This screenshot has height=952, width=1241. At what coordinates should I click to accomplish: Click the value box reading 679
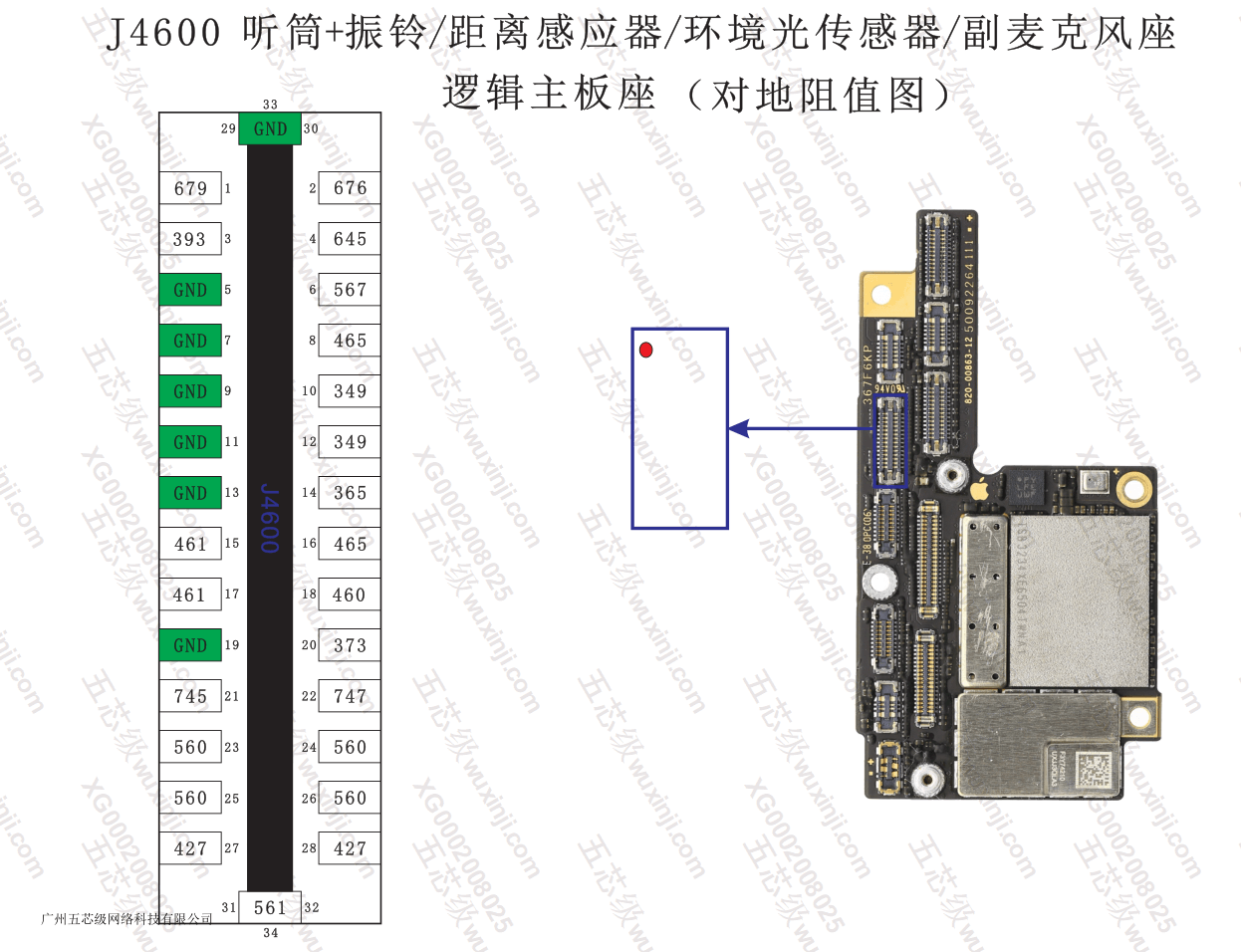pos(190,188)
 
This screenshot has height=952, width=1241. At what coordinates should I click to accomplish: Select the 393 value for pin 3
pos(190,239)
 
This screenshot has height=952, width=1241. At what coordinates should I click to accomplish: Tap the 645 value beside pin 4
pos(350,239)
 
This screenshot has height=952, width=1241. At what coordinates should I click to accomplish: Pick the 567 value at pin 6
pos(350,290)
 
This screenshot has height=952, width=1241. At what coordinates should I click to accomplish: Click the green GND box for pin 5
pos(190,290)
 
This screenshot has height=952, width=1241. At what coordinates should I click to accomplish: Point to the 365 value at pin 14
pos(350,493)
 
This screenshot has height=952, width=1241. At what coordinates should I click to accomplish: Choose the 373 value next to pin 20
pos(350,645)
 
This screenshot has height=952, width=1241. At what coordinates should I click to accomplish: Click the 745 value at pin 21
pos(190,696)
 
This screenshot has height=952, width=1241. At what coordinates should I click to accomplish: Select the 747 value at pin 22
pos(350,696)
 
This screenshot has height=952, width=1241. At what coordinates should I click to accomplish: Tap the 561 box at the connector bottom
pos(270,907)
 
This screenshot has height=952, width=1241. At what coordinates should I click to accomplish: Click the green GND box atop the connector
pos(270,128)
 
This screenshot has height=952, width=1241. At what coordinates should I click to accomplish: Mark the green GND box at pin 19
pos(190,645)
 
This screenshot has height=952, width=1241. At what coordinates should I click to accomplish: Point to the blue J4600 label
pos(270,518)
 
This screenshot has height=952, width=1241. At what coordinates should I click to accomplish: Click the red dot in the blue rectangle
pos(646,350)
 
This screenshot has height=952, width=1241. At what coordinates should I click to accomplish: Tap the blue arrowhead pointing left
pos(738,429)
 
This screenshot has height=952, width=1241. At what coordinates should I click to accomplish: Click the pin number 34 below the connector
pos(271,933)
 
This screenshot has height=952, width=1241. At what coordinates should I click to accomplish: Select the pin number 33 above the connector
pos(271,104)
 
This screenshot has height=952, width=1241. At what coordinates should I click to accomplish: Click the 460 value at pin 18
pos(350,595)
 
